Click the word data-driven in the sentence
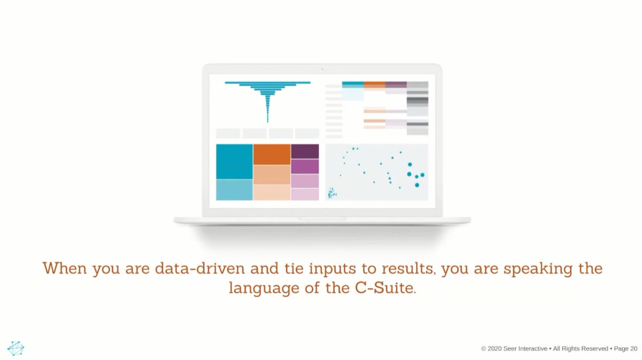pos(200,269)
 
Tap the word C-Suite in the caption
pos(385,288)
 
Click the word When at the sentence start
pos(65,269)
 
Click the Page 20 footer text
pos(626,349)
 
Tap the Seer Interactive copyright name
pos(525,349)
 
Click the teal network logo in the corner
pos(16,348)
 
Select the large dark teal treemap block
pos(234,162)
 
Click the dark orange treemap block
pos(271,154)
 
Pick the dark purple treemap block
pos(305,151)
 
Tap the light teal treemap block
pos(234,190)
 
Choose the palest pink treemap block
pos(305,194)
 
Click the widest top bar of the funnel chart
pos(268,83)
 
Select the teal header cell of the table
pos(353,85)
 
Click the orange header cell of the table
pos(374,85)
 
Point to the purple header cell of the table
pos(396,85)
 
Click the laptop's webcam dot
pos(322,69)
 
